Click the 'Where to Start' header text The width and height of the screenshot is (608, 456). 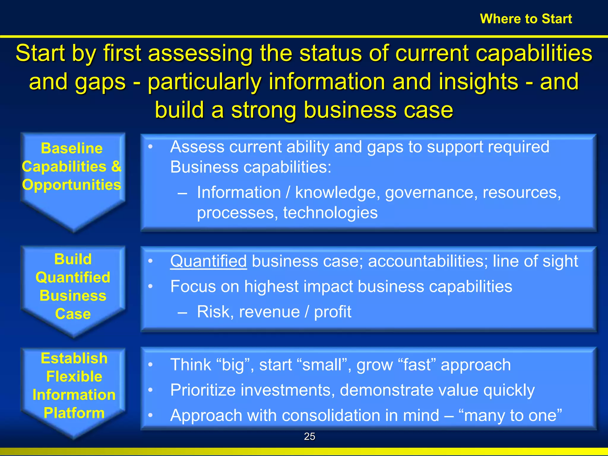point(526,19)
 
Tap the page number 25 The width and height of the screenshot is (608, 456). point(309,436)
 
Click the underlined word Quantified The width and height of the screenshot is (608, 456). point(208,261)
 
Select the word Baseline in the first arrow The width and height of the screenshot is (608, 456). point(72,148)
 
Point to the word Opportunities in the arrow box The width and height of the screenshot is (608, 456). point(72,185)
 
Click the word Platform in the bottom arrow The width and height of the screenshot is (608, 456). point(74,413)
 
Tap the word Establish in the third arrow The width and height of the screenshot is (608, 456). point(74,358)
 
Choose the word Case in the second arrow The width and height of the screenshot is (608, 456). point(73,314)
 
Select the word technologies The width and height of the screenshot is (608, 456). point(330,213)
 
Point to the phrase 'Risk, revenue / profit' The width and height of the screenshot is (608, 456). point(274,312)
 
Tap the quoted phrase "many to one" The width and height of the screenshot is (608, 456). point(510,415)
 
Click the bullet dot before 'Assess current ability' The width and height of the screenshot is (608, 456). point(151,147)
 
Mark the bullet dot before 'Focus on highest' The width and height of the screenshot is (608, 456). point(151,286)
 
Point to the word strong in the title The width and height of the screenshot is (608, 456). point(264,110)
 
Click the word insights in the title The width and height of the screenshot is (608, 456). point(478,82)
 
